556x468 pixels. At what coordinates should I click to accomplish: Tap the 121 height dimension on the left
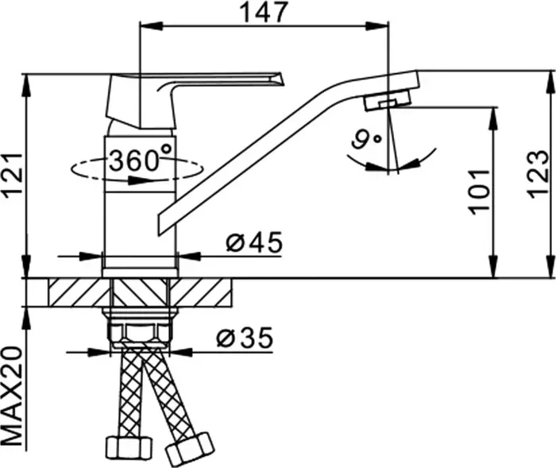pos(13,176)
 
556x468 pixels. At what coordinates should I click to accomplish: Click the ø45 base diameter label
pos(255,242)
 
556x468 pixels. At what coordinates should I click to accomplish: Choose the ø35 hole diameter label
pos(245,338)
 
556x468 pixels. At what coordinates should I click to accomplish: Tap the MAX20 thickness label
pos(13,396)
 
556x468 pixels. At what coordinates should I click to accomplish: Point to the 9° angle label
pos(366,140)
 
